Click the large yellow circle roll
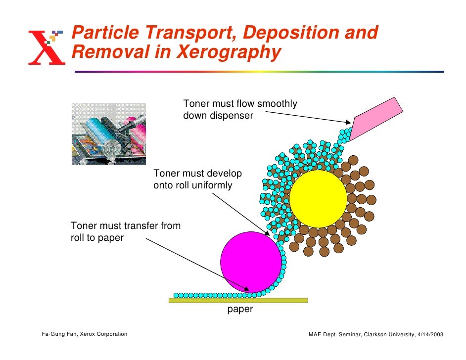318,199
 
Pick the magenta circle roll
251,262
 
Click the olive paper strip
238,300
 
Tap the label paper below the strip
240,310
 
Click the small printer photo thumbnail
109,134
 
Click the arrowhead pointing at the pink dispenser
348,122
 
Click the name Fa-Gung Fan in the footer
58,334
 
